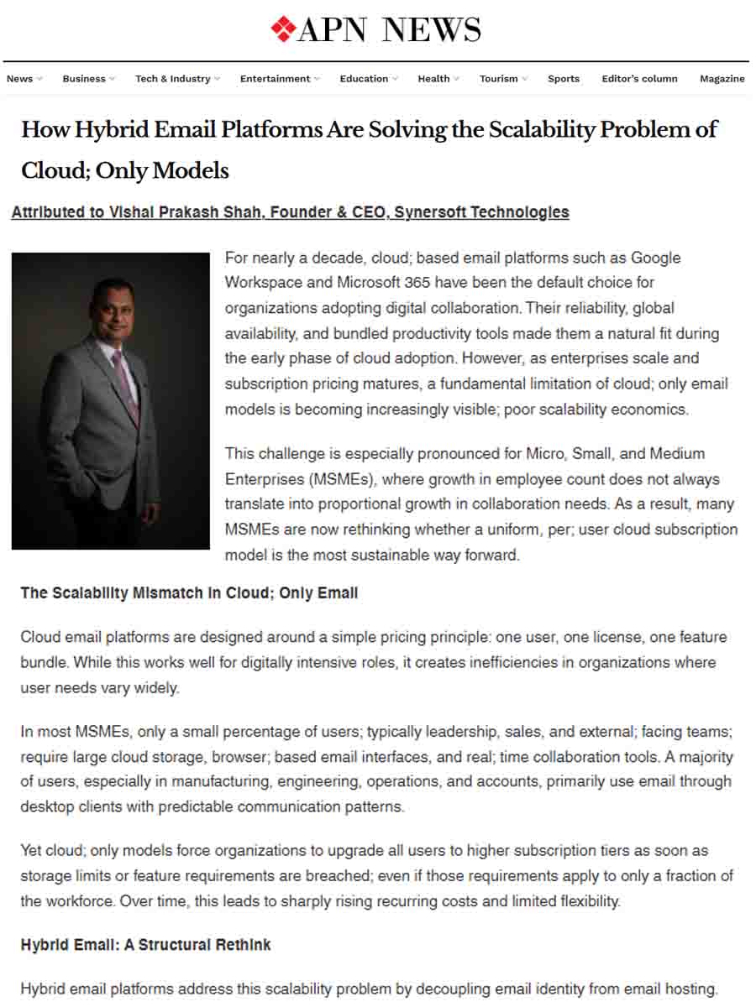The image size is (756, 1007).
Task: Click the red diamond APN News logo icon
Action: tap(283, 29)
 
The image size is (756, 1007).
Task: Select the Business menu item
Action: tap(84, 79)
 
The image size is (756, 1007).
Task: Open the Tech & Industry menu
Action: tap(173, 79)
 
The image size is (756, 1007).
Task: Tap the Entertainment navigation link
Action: tap(275, 79)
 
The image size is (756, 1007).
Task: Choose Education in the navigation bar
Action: tap(364, 79)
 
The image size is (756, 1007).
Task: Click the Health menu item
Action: tap(433, 79)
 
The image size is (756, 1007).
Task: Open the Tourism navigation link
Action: tap(499, 79)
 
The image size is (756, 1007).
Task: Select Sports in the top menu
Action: tap(564, 79)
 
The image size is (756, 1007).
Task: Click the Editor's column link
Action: tap(639, 79)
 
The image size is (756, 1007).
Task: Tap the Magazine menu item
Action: tap(722, 79)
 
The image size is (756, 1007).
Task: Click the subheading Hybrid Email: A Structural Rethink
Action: tap(145, 945)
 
